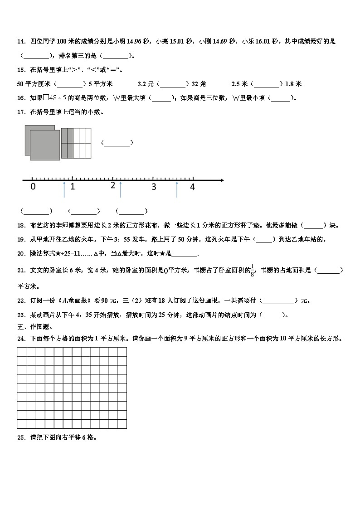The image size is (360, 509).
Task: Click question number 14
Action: click(x=21, y=42)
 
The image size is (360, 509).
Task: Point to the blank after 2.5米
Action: click(x=267, y=84)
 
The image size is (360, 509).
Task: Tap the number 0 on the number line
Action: click(x=33, y=187)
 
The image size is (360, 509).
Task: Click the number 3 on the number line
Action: click(x=154, y=187)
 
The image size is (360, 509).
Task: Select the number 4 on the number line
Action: click(x=192, y=187)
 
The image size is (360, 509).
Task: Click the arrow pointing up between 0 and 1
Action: click(x=64, y=189)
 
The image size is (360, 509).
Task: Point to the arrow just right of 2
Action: click(x=120, y=189)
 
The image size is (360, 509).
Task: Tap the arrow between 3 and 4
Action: click(x=177, y=189)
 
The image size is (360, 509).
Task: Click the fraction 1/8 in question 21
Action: click(x=253, y=270)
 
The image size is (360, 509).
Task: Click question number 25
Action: click(x=21, y=438)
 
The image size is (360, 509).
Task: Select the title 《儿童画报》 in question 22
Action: click(x=70, y=301)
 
